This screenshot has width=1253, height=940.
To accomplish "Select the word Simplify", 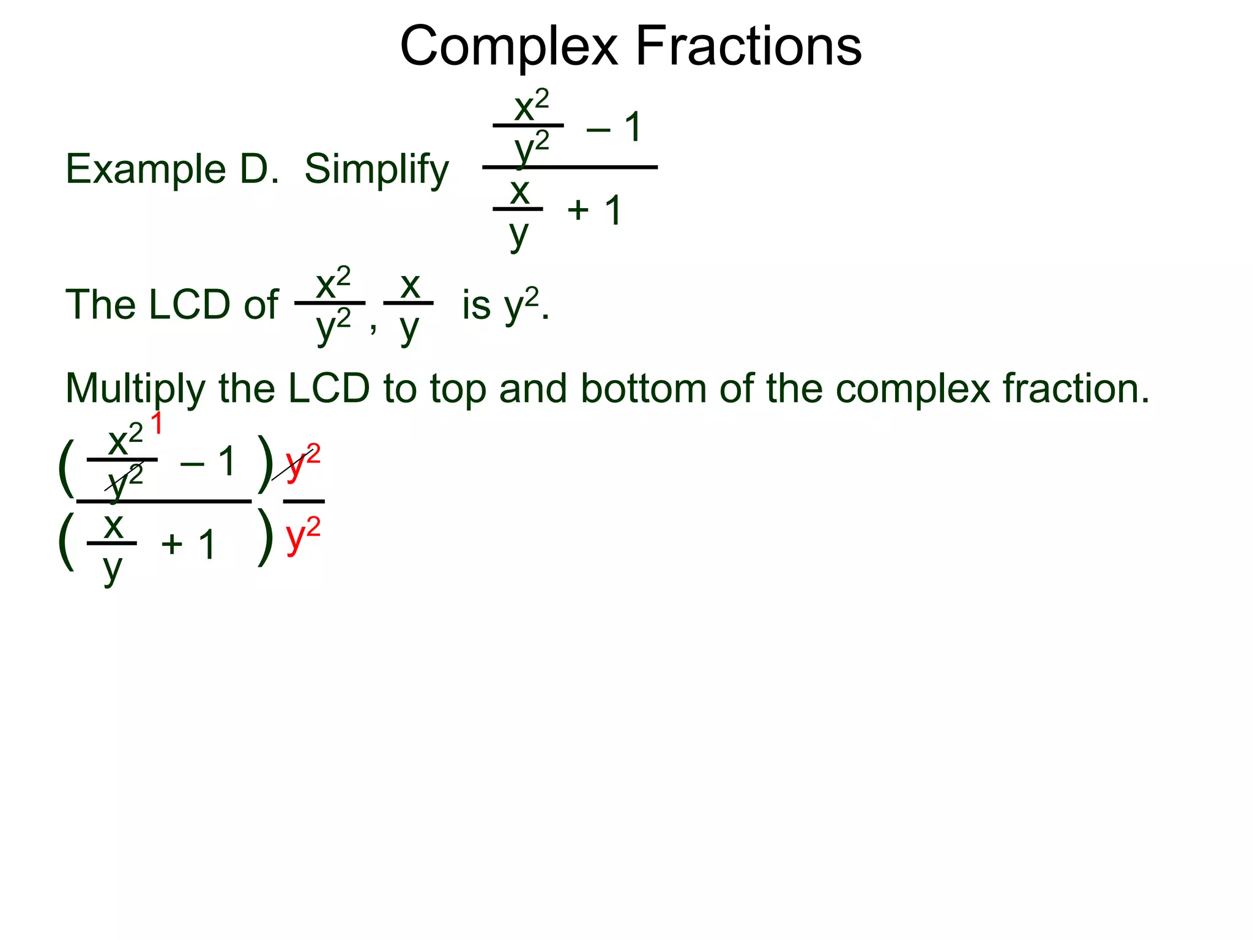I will pos(376,170).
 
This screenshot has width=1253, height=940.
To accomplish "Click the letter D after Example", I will pos(258,169).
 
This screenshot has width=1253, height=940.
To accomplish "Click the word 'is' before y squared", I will pos(476,304).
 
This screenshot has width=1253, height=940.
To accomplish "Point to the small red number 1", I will pos(157,423).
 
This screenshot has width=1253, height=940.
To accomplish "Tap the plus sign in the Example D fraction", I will pos(578,211).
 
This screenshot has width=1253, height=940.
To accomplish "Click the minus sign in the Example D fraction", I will pos(598,129).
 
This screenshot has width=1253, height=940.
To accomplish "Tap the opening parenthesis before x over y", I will pos(66,540).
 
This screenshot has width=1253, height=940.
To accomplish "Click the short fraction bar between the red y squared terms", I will pos(303,501).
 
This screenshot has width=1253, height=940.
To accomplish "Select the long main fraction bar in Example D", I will pos(570,167).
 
